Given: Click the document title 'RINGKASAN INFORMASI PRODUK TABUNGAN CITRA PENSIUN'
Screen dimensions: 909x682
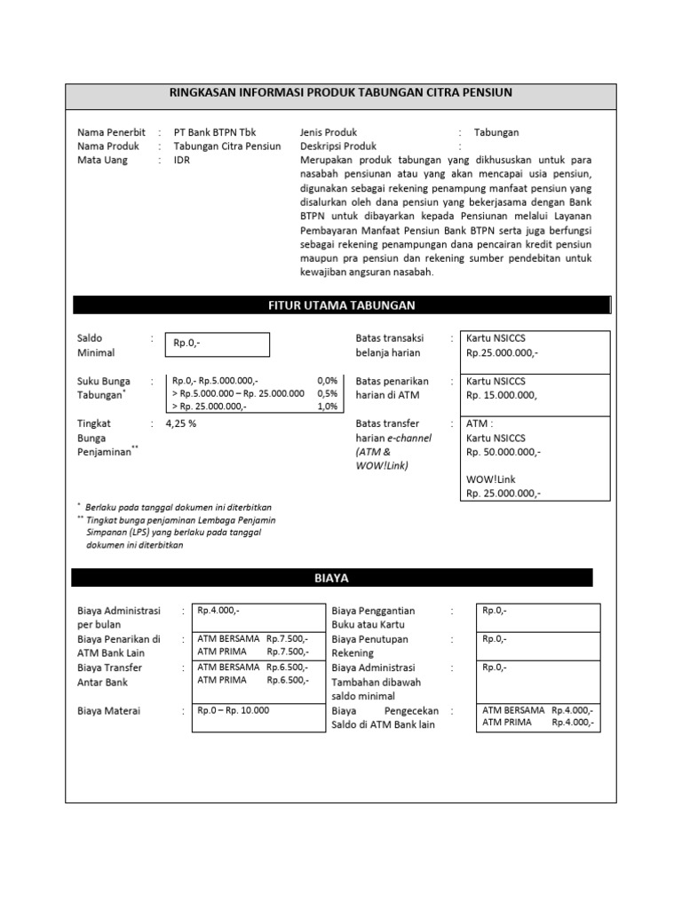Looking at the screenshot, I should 340,92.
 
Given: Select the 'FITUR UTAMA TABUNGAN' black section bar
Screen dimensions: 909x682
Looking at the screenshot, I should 341,305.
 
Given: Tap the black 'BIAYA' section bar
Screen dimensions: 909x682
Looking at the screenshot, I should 331,578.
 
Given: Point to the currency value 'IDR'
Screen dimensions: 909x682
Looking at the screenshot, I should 182,161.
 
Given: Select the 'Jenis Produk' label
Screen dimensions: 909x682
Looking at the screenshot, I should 329,132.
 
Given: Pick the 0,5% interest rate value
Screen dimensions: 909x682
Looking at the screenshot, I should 327,393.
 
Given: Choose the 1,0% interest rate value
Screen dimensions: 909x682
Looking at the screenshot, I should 327,407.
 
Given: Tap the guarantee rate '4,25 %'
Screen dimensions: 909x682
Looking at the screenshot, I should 181,424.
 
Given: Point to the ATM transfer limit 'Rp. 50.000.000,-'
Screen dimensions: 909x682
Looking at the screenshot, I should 504,452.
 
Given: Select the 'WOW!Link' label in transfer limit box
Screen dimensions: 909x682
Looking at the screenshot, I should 488,479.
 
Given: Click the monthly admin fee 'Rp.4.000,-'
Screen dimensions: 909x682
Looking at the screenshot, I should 218,611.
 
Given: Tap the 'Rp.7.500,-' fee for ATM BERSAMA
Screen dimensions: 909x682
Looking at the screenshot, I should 287,639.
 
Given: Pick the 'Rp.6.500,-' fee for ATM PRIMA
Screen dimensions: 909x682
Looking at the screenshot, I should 287,680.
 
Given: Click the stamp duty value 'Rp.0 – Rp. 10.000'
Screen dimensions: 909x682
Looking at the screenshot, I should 233,710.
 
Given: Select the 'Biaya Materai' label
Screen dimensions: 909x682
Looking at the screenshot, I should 109,711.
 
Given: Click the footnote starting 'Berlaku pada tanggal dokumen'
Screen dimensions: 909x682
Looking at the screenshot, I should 178,507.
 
